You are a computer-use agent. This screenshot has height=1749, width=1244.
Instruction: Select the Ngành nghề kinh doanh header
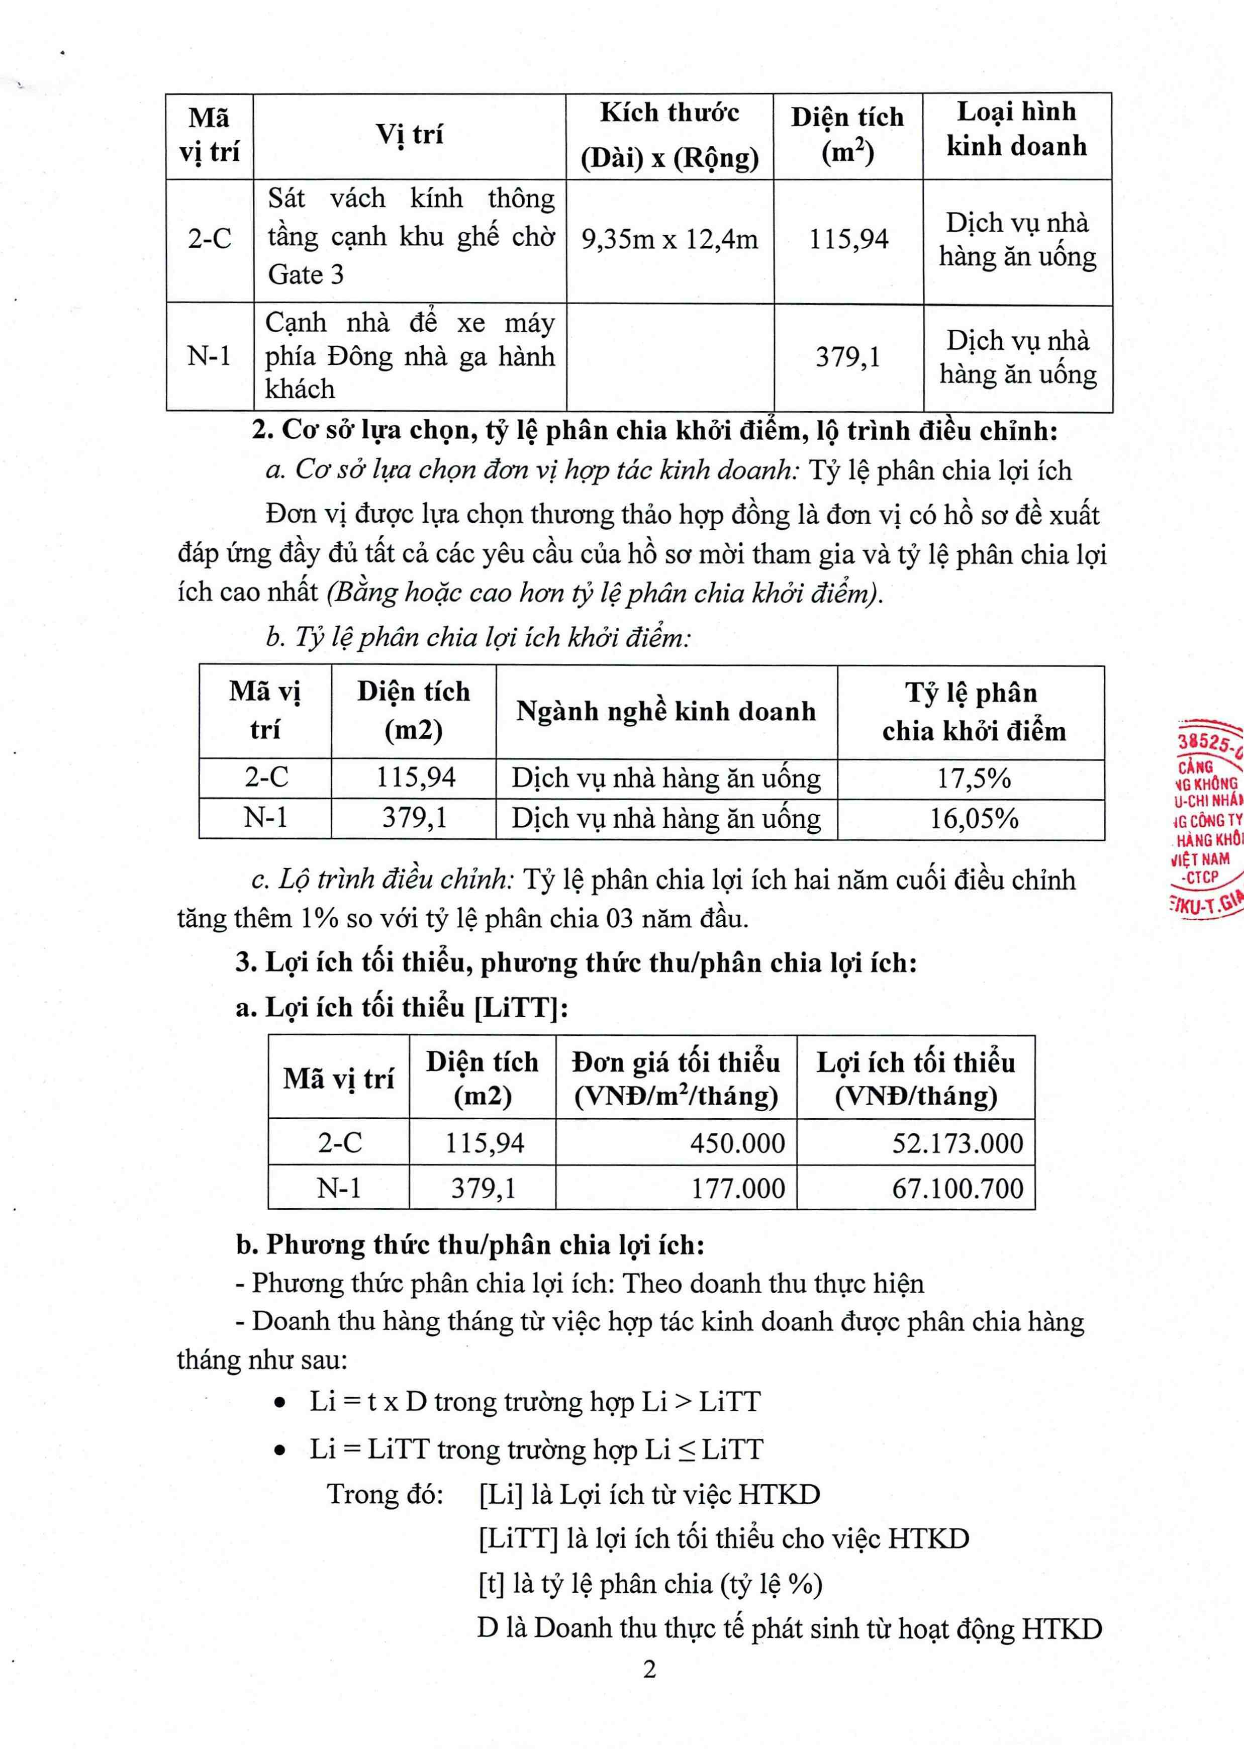tap(665, 711)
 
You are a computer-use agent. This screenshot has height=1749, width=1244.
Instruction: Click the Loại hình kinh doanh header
tap(1016, 129)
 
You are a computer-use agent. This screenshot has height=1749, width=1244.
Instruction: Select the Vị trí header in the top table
tap(409, 135)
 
